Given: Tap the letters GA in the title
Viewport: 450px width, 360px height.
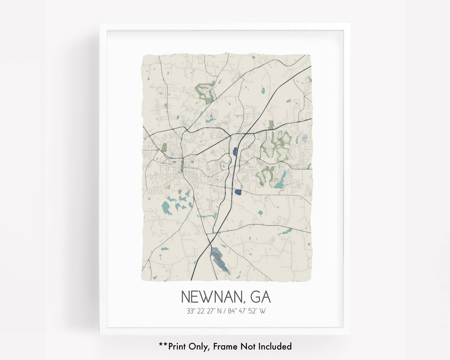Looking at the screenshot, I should [260, 297].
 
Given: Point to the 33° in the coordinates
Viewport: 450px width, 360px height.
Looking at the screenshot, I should [191, 311].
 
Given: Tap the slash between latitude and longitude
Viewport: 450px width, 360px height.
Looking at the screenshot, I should [227, 311].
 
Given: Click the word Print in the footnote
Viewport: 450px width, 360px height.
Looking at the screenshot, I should [179, 346].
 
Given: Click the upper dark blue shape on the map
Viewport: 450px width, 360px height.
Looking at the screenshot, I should [235, 151].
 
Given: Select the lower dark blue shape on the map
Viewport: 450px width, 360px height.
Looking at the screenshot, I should [238, 192].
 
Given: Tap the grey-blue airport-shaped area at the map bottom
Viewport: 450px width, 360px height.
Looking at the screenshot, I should [219, 259].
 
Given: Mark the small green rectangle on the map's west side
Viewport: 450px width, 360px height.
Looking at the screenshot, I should [164, 147].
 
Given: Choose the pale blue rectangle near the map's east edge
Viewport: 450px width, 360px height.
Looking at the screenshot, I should [305, 137].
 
